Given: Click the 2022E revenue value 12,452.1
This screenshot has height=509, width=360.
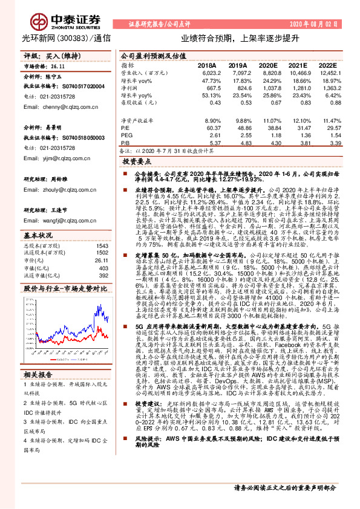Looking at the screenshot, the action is (x=327, y=73).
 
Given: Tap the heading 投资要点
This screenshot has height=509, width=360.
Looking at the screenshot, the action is (x=136, y=163).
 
